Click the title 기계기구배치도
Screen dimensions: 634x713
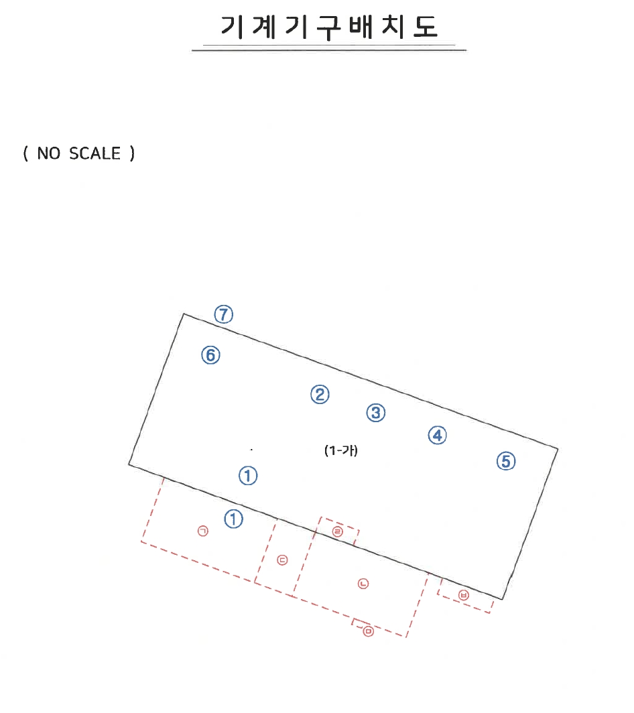click(329, 27)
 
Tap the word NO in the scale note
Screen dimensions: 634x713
click(49, 153)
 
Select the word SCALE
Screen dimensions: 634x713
click(94, 153)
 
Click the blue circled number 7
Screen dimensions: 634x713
click(224, 314)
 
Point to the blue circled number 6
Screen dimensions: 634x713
click(210, 355)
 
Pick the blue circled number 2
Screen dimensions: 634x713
click(320, 394)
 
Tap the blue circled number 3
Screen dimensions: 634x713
click(376, 413)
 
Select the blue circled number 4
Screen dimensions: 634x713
click(438, 435)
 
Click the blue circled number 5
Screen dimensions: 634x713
click(506, 461)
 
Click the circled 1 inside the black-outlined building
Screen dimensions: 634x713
click(248, 476)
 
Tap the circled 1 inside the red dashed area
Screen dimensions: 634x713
click(234, 519)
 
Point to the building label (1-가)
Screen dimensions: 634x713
click(341, 450)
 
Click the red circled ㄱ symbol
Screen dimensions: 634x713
click(203, 531)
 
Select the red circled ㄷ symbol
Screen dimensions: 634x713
click(282, 560)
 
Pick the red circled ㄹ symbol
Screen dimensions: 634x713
click(338, 531)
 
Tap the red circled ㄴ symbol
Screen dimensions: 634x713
click(363, 584)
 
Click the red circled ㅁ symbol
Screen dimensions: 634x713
click(369, 631)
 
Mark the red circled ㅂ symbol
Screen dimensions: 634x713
click(464, 595)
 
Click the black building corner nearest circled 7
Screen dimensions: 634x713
click(184, 314)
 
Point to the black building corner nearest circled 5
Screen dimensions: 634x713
click(558, 449)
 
